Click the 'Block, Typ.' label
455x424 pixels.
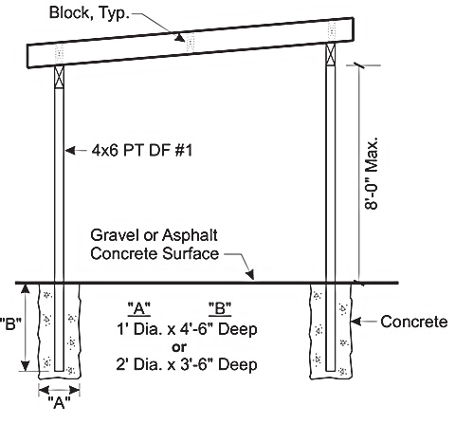tap(89, 13)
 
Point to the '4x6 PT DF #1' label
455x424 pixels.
tap(142, 151)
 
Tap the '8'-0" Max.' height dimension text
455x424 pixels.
tap(372, 174)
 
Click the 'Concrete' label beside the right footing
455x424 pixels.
tap(414, 322)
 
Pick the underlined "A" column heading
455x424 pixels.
tap(139, 308)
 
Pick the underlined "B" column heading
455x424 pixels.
tap(220, 308)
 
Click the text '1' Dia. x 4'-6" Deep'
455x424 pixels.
tap(187, 329)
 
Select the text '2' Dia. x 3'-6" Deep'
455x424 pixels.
tap(187, 364)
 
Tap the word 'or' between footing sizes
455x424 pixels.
tap(179, 347)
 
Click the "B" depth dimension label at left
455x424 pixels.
tap(10, 323)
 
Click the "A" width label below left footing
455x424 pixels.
tap(59, 402)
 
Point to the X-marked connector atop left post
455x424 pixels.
tap(59, 77)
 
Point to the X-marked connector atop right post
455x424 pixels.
tap(331, 54)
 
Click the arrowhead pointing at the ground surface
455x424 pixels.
tap(250, 274)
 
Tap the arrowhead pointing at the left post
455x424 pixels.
tap(70, 150)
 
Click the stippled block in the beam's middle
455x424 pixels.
tap(191, 42)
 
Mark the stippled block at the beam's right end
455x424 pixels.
tap(332, 30)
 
